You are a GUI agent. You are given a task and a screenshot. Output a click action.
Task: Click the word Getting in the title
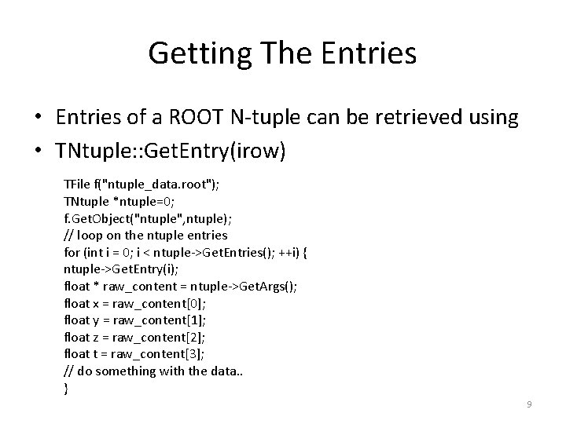[x=197, y=53]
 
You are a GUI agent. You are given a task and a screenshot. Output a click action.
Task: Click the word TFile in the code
[x=76, y=184]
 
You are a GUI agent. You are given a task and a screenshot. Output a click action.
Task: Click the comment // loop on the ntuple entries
[x=145, y=234]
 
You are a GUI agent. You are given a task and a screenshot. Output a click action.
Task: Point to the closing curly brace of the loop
[x=66, y=388]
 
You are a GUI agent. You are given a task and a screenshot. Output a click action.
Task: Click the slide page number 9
[x=529, y=404]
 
